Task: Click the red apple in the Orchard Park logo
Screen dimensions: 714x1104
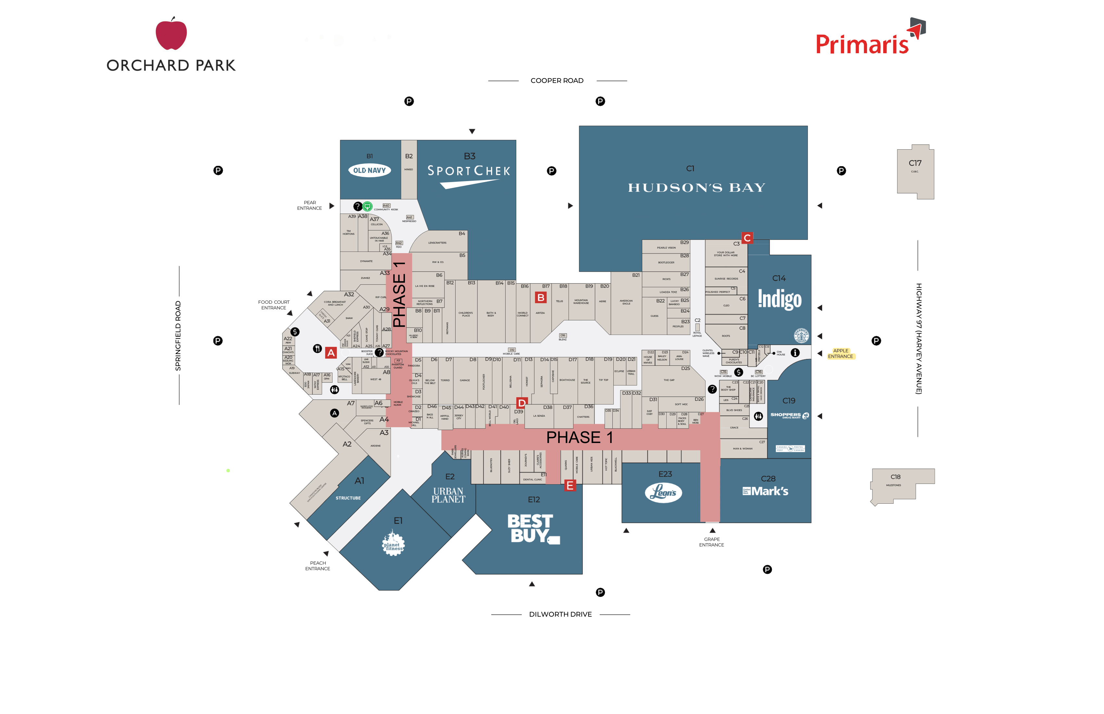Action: [x=171, y=34]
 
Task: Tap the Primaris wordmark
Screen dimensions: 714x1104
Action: [x=861, y=44]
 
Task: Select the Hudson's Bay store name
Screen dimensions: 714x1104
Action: [x=696, y=188]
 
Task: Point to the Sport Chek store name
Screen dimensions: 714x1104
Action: [x=469, y=171]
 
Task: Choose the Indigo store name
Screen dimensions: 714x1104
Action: [x=779, y=299]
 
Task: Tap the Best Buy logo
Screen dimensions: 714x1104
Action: [x=531, y=529]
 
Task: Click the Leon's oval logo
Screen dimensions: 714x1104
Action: [x=663, y=492]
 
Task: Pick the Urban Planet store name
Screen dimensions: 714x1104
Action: [x=448, y=495]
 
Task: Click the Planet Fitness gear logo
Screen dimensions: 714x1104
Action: [x=393, y=544]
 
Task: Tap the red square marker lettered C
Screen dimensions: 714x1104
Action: [x=747, y=238]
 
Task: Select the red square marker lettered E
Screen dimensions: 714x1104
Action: [x=570, y=486]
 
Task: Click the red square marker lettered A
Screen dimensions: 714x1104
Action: [x=331, y=353]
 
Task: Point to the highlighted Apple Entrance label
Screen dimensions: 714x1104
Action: [x=841, y=354]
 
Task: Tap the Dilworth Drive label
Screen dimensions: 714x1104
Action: [x=560, y=614]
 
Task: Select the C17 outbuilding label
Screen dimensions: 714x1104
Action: [x=915, y=163]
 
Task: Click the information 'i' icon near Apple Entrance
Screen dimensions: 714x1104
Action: [x=795, y=353]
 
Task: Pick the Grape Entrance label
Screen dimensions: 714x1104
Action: [x=711, y=542]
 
